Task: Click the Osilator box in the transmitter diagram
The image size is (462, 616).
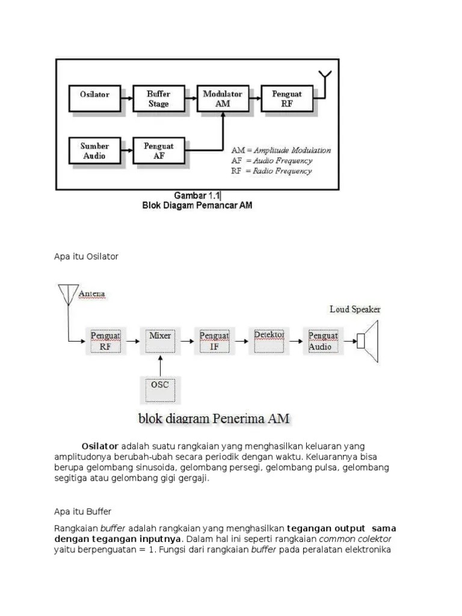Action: [x=94, y=99]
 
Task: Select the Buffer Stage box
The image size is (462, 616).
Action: [x=159, y=99]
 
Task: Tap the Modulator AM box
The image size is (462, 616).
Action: [x=223, y=99]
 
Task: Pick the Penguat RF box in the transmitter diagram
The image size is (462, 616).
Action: [x=287, y=99]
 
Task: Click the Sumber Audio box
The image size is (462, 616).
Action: [x=94, y=150]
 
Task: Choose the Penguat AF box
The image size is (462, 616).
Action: [x=159, y=150]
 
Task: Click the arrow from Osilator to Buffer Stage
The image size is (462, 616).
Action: [x=127, y=96]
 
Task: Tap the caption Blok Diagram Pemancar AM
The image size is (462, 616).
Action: [x=197, y=206]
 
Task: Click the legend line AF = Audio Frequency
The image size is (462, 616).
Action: [x=272, y=161]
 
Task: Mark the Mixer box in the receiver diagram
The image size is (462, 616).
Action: [x=159, y=340]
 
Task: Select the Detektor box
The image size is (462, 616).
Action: [x=269, y=340]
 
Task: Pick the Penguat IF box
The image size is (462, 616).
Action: [x=214, y=340]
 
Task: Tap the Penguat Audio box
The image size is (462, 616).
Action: [x=324, y=340]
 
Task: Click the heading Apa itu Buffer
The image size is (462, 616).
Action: [x=82, y=511]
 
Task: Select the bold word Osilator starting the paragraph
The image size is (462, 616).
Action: [x=100, y=446]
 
